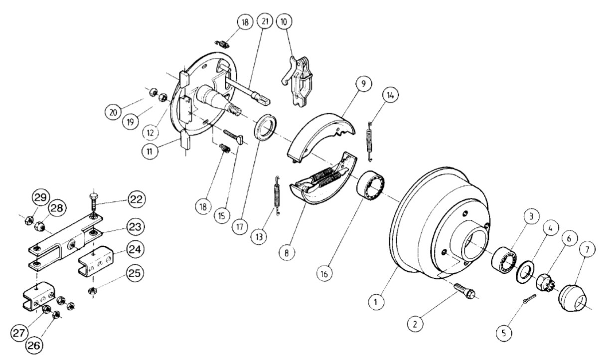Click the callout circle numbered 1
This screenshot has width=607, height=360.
(376, 302)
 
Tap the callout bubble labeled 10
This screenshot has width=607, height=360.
(284, 21)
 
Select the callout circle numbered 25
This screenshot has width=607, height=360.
(134, 273)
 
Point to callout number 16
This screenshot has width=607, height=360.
(324, 274)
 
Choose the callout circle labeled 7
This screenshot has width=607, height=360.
(587, 250)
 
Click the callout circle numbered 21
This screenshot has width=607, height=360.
(265, 21)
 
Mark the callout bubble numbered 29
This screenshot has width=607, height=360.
(41, 197)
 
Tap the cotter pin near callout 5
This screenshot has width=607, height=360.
(529, 299)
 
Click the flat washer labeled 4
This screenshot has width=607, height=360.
(525, 271)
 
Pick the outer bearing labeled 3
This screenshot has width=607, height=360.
(504, 260)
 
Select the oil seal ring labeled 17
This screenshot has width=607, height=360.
(265, 127)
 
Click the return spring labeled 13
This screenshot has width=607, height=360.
(277, 196)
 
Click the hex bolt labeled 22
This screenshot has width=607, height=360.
(94, 204)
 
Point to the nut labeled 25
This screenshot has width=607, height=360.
(92, 291)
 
